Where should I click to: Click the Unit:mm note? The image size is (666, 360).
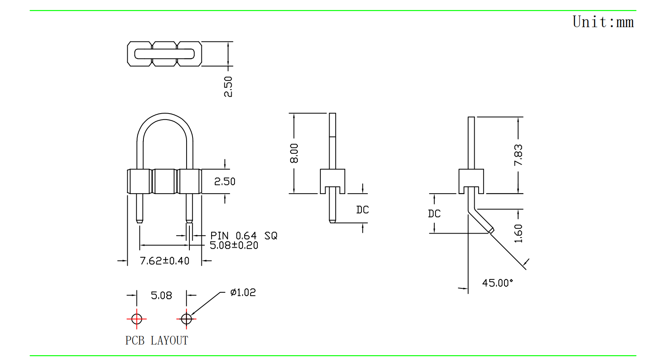pos(603,22)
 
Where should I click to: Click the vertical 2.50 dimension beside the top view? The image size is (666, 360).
pos(228,87)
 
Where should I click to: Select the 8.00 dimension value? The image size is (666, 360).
pos(294,153)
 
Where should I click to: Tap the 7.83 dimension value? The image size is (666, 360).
pos(518,155)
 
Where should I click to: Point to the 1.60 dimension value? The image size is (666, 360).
pos(518,234)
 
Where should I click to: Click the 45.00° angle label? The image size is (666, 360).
pos(498,283)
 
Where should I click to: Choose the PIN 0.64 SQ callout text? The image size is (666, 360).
pos(244,236)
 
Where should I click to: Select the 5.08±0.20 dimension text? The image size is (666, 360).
pos(234,245)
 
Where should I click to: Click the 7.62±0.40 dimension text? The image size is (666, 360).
pos(164,261)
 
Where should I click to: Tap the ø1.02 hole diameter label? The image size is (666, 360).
pos(243,293)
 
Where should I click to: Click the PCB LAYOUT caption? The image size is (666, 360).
pos(157,341)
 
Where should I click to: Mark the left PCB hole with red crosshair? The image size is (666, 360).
pos(137,319)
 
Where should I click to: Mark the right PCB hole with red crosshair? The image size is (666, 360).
pos(186,319)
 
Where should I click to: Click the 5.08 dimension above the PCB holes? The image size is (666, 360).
pos(161,296)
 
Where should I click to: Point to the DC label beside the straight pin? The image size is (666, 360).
pos(362,210)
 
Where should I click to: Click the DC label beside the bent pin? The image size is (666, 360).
pos(434,213)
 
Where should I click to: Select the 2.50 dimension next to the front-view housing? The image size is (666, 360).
pos(224,182)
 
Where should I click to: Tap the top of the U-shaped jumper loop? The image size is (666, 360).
pos(165,116)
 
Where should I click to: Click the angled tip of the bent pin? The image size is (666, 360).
pos(491,230)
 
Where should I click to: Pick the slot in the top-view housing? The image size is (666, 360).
pos(164,54)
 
